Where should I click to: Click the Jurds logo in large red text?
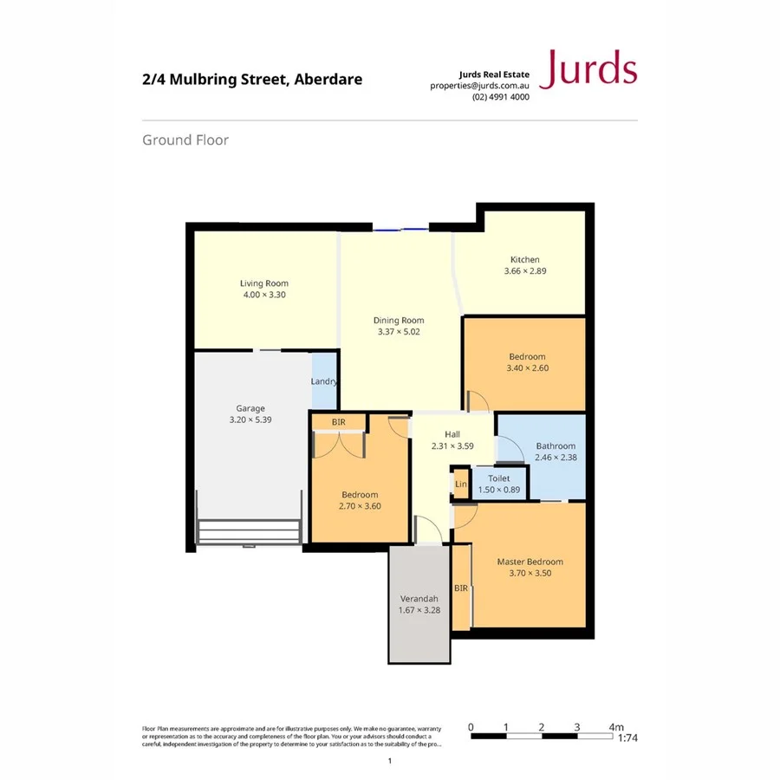[x=588, y=68]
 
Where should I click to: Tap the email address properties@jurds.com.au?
[x=479, y=86]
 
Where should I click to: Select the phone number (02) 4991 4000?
[x=500, y=97]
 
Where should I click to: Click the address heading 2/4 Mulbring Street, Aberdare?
[x=252, y=80]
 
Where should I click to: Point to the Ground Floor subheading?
[x=185, y=140]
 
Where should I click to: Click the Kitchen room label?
[x=525, y=259]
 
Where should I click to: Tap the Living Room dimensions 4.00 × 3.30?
[x=264, y=295]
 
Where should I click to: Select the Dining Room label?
[x=399, y=320]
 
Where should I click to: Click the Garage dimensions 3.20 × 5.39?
[x=251, y=419]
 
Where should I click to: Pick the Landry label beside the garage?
[x=324, y=381]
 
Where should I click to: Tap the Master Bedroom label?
[x=530, y=562]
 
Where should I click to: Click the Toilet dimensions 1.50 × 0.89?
[x=499, y=490]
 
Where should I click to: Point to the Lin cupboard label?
[x=461, y=484]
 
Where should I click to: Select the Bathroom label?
[x=556, y=445]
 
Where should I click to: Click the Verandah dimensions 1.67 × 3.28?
[x=419, y=610]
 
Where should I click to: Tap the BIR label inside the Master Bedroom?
[x=461, y=588]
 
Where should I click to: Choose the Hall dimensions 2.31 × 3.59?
[x=452, y=446]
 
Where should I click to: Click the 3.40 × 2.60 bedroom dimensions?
[x=527, y=367]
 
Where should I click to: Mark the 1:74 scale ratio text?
[x=628, y=738]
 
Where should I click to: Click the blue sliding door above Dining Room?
[x=400, y=230]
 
